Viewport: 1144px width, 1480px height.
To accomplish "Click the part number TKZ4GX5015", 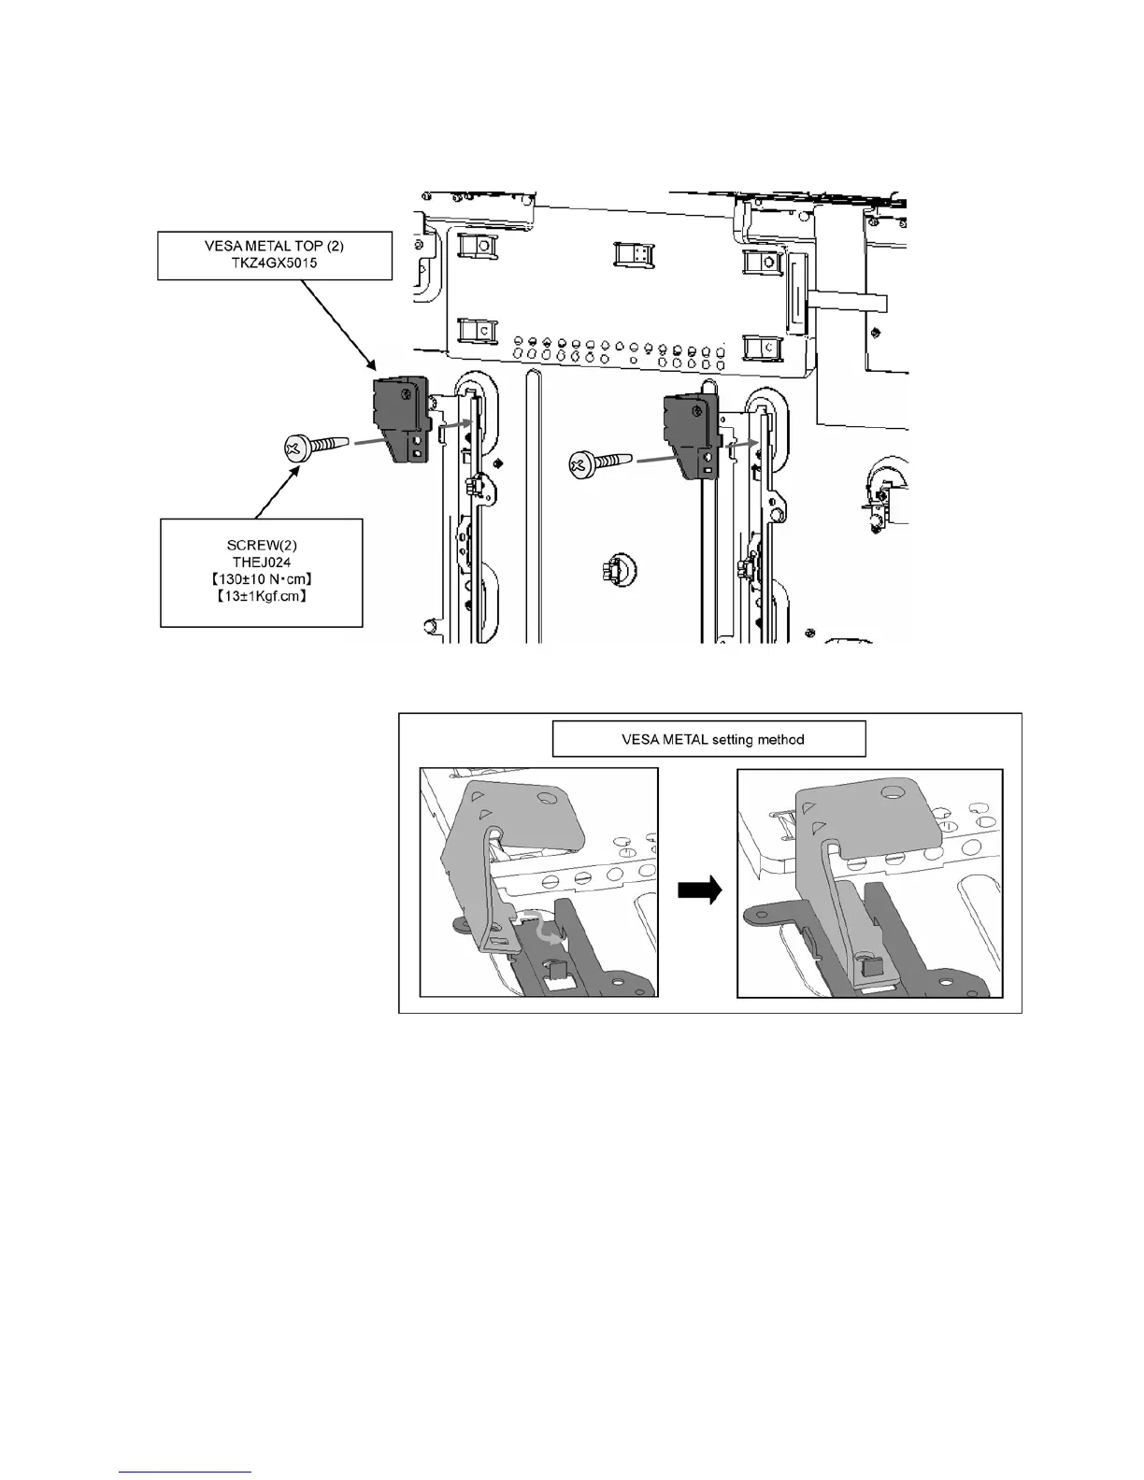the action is click(x=274, y=263).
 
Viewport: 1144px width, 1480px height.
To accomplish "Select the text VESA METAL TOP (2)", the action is click(x=274, y=246).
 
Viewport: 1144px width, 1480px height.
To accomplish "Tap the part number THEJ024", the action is click(x=262, y=562).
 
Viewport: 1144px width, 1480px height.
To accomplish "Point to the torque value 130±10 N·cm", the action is click(x=262, y=579).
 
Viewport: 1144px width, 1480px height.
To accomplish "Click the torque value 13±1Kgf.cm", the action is click(x=262, y=596).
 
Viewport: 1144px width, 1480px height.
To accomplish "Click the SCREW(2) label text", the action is click(x=262, y=546).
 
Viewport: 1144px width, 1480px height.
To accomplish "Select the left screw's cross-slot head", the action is click(x=296, y=450).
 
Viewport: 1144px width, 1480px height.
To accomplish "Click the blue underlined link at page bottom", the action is click(x=186, y=1472).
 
